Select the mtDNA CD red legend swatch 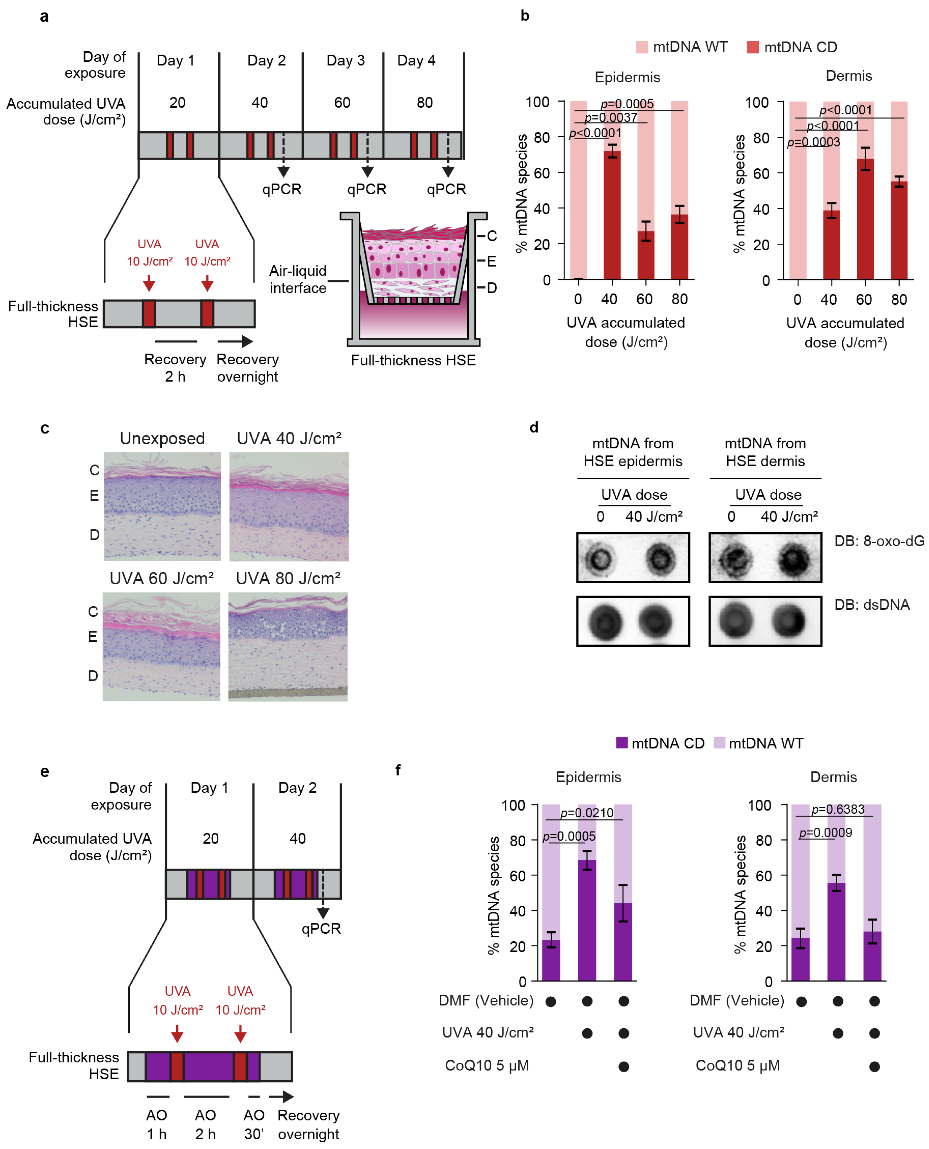pos(752,47)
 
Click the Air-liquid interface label pos(298,279)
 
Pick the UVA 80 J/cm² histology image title pos(288,578)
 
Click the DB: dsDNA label pos(872,605)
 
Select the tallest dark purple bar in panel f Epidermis pos(587,921)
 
